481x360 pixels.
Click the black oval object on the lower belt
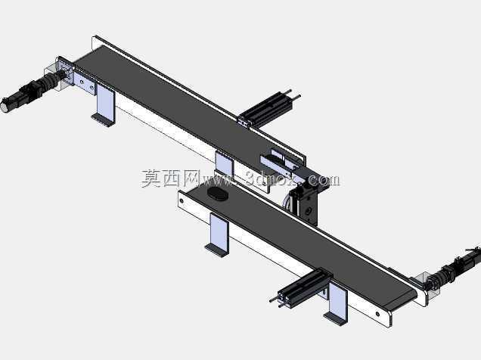pos(218,194)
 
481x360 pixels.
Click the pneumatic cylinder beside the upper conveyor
pos(267,109)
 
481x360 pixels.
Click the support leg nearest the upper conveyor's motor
pos(105,104)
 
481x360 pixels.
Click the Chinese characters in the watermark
pos(170,178)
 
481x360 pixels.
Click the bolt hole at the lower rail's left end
pos(182,201)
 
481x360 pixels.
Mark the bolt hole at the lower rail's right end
pos(378,314)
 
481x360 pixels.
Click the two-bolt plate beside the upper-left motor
pos(85,84)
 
